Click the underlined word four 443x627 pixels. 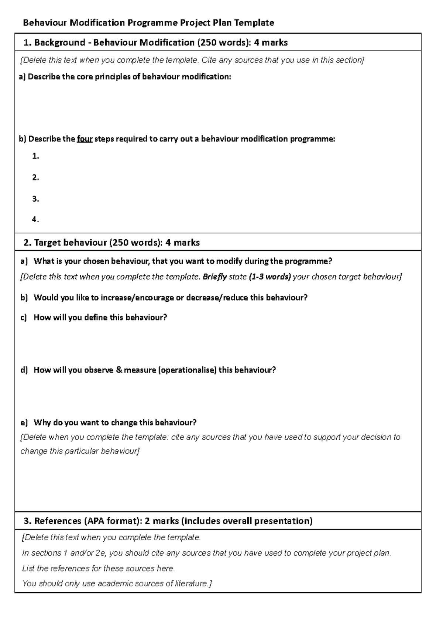point(85,139)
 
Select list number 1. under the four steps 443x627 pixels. point(35,156)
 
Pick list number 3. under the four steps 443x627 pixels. point(35,199)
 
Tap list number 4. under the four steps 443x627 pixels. point(35,220)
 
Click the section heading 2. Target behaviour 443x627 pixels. point(111,243)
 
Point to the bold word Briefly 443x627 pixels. point(215,277)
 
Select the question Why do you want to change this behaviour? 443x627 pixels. point(115,422)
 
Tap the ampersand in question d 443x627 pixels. point(119,370)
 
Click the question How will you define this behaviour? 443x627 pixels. point(100,318)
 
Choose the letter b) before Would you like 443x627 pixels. point(24,298)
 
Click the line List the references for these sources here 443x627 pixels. point(98,569)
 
